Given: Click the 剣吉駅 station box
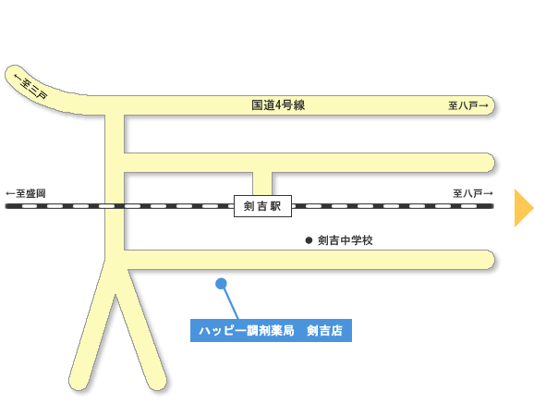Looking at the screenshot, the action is [262, 206].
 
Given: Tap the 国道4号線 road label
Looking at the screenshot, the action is [278, 105].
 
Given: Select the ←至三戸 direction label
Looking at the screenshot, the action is [30, 87].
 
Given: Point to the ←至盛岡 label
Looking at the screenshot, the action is [26, 193].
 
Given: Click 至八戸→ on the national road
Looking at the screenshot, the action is [467, 105].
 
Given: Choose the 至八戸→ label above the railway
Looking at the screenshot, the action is [473, 193].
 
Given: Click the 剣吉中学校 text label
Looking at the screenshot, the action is [345, 240].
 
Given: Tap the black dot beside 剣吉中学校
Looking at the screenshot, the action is [309, 240].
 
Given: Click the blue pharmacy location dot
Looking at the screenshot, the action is [221, 284].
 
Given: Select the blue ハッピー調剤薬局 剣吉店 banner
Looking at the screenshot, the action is [271, 330].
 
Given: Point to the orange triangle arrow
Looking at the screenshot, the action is [524, 208].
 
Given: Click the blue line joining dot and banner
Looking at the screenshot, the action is [230, 302].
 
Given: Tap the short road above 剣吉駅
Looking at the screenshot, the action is [262, 184].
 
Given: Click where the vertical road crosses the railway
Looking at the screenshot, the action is [115, 206].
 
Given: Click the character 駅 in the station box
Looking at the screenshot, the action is [276, 206].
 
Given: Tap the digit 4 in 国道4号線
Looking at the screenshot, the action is [278, 105].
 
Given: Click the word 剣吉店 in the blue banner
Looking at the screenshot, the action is [324, 330].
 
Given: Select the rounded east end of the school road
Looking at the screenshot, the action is [490, 260].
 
